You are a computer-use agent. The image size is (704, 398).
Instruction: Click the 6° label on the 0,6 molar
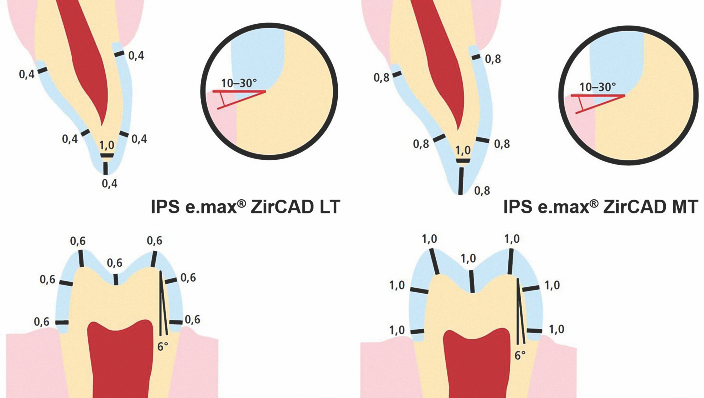point(162,347)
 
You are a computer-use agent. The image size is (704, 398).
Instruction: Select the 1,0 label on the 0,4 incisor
point(107,145)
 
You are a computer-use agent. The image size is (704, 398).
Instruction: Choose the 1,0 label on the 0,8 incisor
point(463,150)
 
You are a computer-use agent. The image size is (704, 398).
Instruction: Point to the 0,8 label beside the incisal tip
point(482,191)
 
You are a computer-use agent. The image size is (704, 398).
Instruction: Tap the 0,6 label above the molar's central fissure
point(114,263)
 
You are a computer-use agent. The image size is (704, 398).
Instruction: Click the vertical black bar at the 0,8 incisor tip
point(461,181)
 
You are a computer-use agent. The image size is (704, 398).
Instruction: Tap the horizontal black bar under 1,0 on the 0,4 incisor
point(107,156)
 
